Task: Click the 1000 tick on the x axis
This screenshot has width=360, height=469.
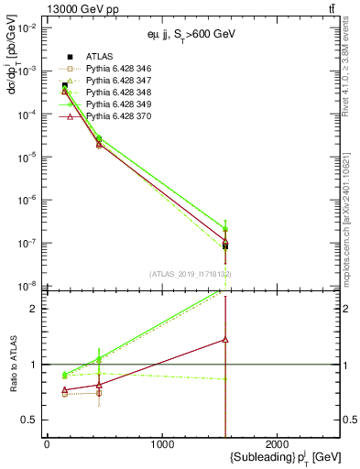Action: tap(162, 444)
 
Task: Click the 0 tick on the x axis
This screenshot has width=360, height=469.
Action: tap(47, 444)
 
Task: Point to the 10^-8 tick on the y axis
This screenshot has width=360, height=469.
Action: tap(27, 286)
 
